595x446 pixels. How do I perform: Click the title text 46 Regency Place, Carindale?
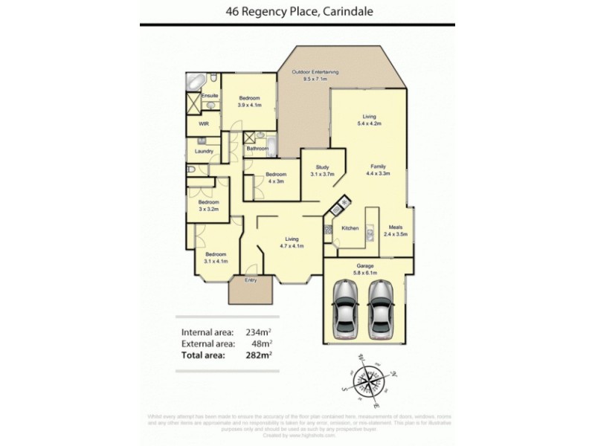tap(297, 11)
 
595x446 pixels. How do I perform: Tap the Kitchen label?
tap(350, 228)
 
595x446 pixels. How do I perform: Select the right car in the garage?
tap(380, 307)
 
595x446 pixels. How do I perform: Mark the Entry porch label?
tap(251, 280)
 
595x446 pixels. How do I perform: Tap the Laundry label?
tap(204, 152)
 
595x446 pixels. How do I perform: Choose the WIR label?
tap(203, 125)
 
